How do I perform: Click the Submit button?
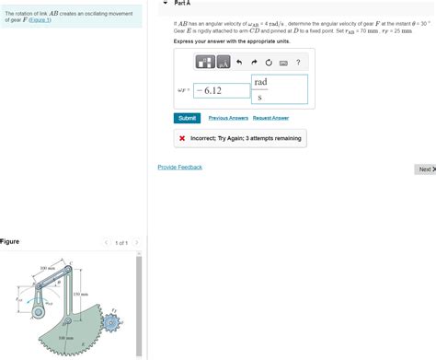[x=187, y=118]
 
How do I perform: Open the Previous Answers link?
[x=228, y=118]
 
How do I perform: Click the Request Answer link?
[x=270, y=118]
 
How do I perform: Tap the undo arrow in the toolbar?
[x=237, y=63]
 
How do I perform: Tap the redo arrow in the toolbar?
[x=252, y=63]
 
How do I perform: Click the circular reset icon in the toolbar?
[x=267, y=63]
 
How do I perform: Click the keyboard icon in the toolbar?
[x=282, y=63]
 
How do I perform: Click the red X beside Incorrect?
[x=183, y=138]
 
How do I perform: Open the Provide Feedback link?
[x=179, y=167]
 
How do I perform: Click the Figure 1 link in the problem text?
[x=40, y=19]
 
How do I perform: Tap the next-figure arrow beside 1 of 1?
[x=136, y=242]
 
